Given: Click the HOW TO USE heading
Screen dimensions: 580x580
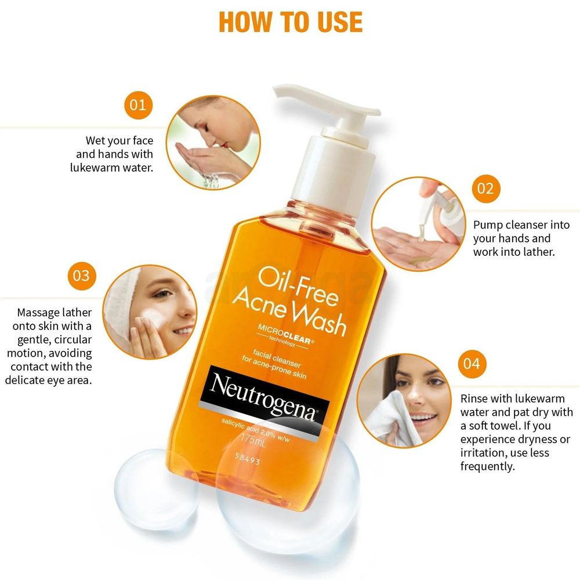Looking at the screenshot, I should coord(291,22).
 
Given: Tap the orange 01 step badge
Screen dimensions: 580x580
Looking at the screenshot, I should coord(138,105).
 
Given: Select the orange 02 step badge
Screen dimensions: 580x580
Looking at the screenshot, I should coord(485,188).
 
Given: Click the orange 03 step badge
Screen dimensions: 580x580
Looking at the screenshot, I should coord(82,275).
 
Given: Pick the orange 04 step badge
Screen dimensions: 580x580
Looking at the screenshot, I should coord(472,364).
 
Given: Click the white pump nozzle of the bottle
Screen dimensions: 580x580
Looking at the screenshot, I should coord(325,104).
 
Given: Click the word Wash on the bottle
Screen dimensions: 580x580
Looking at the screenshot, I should coord(316,317).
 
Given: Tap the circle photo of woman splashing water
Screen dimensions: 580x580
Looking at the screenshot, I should coord(213,143).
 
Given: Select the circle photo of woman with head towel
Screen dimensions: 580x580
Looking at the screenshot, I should coord(150,312).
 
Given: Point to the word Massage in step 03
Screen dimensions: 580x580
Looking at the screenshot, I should coord(38,313).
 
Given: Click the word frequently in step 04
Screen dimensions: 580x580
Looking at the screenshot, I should coord(488,466).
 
